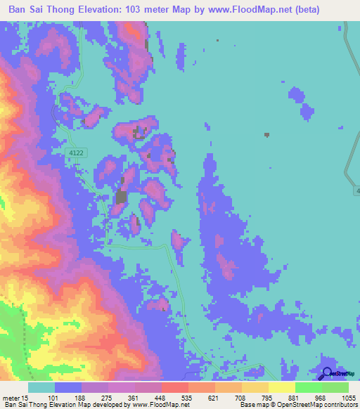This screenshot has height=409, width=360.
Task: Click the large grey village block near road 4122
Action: coord(121,197)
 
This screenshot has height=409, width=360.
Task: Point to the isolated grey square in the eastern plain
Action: coord(266,135)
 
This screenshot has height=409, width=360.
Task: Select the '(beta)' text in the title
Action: coord(302,10)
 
